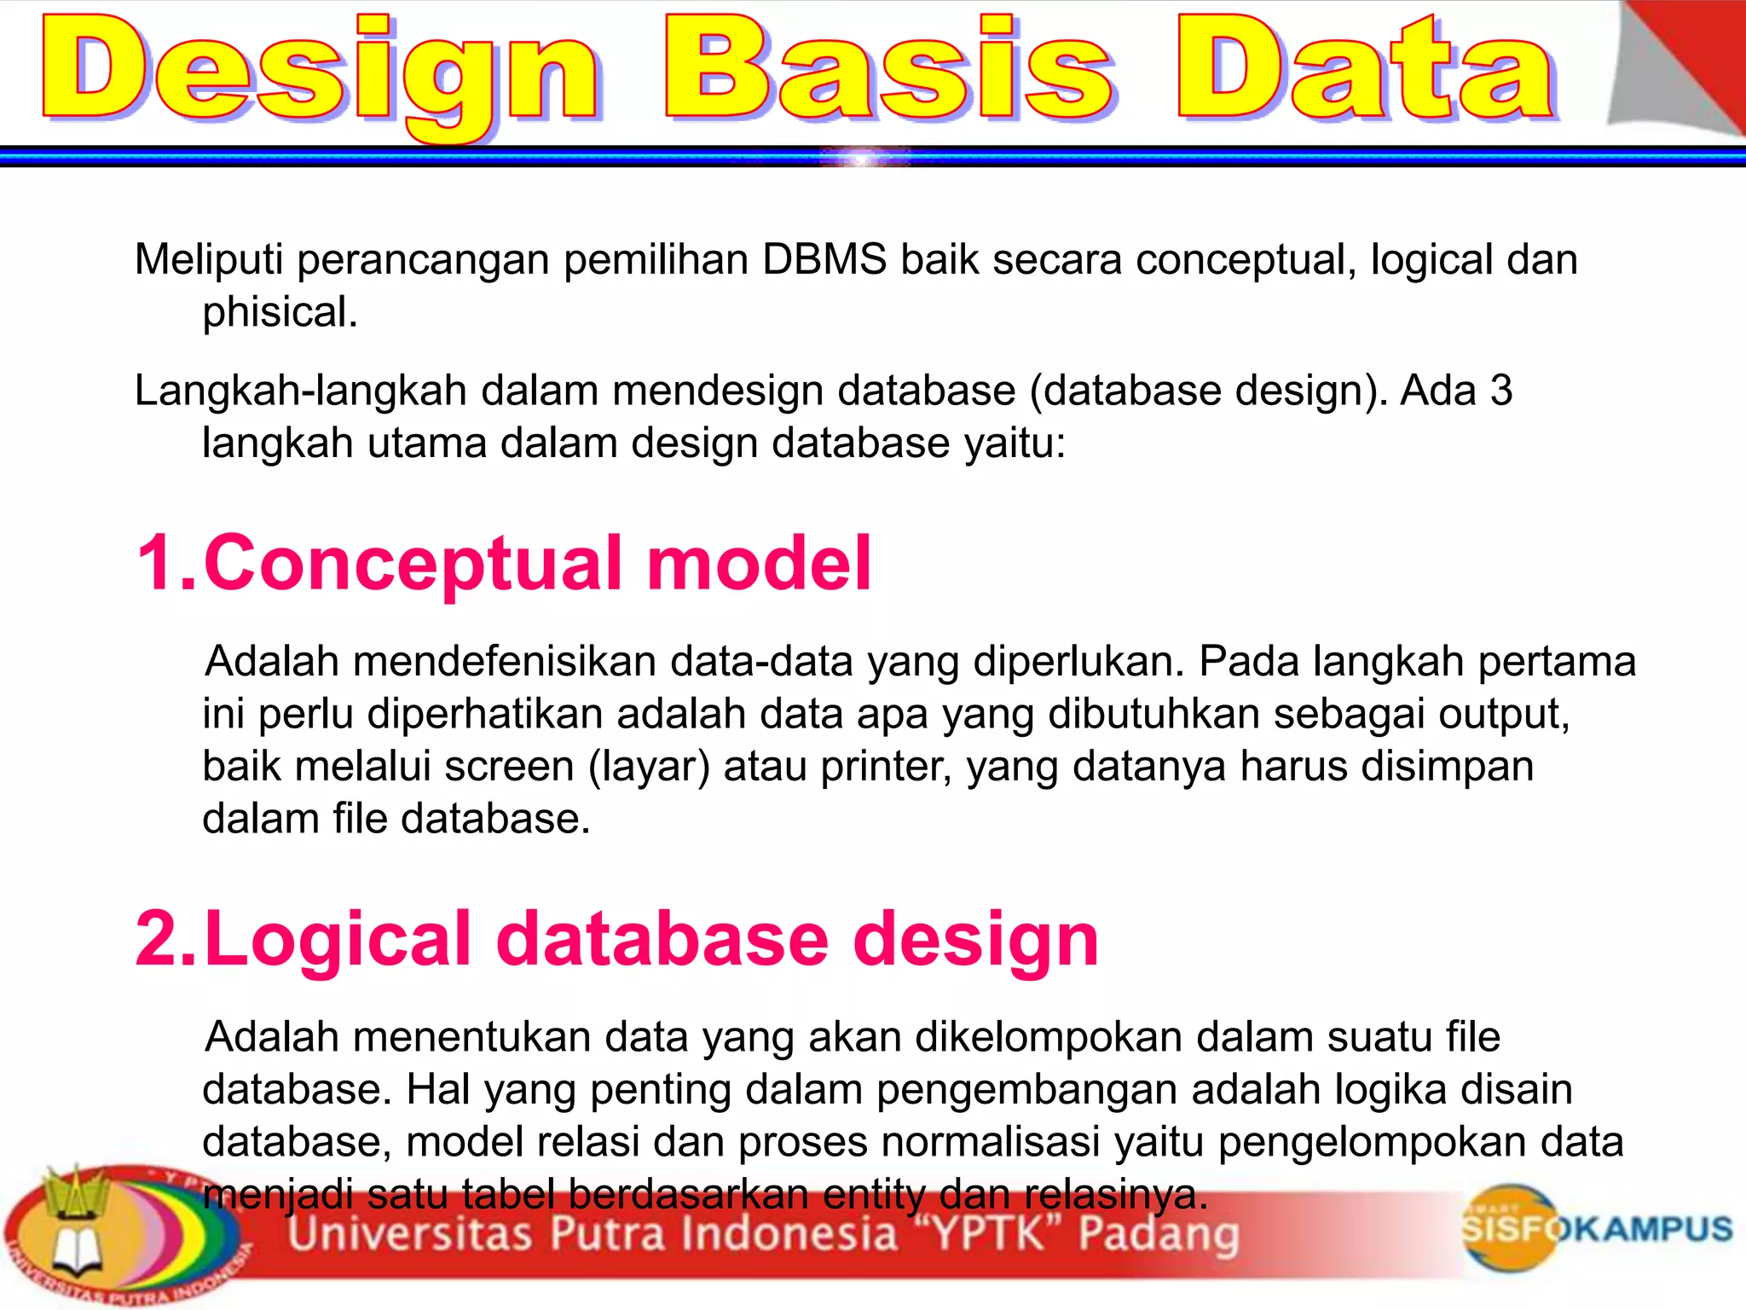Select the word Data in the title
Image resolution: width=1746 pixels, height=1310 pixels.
[1364, 68]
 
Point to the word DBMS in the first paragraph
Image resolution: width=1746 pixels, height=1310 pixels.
[824, 259]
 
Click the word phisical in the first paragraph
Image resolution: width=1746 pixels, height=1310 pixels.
[279, 312]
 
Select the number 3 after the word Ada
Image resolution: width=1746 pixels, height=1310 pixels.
[1501, 391]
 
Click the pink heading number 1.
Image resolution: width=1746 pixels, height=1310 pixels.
[162, 563]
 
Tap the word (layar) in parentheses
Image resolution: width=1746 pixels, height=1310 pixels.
[649, 767]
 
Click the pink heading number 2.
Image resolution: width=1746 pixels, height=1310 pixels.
[162, 939]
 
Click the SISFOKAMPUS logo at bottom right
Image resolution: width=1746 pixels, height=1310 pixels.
[1594, 1228]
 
